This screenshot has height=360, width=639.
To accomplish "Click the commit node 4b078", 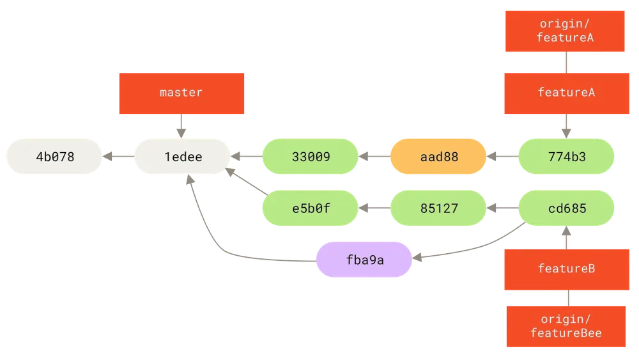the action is pyautogui.click(x=54, y=157).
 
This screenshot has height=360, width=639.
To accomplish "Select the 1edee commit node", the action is pyautogui.click(x=183, y=157).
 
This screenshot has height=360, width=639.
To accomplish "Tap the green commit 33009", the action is pyautogui.click(x=311, y=157).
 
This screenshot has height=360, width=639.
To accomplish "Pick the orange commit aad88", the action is pyautogui.click(x=438, y=157).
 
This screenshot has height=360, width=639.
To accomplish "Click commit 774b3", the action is pyautogui.click(x=566, y=157).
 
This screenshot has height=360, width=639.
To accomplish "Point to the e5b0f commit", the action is pyautogui.click(x=311, y=208).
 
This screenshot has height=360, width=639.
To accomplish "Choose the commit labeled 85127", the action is pyautogui.click(x=438, y=208).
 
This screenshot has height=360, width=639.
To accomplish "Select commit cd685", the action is pyautogui.click(x=566, y=208).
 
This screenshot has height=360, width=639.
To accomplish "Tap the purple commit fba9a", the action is pyautogui.click(x=364, y=260).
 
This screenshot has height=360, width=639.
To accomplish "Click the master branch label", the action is pyautogui.click(x=181, y=93).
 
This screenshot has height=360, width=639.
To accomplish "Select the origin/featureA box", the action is pyautogui.click(x=565, y=31).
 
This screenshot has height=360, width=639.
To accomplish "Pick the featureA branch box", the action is pyautogui.click(x=567, y=93).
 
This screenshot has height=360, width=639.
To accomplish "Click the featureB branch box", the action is pyautogui.click(x=567, y=269).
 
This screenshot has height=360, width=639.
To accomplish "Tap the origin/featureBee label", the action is pyautogui.click(x=566, y=327).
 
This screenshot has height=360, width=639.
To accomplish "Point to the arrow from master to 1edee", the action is pyautogui.click(x=181, y=126).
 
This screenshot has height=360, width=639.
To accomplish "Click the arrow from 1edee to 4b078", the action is pyautogui.click(x=118, y=157).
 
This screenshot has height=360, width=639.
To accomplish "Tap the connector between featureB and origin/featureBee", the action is pyautogui.click(x=569, y=298).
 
